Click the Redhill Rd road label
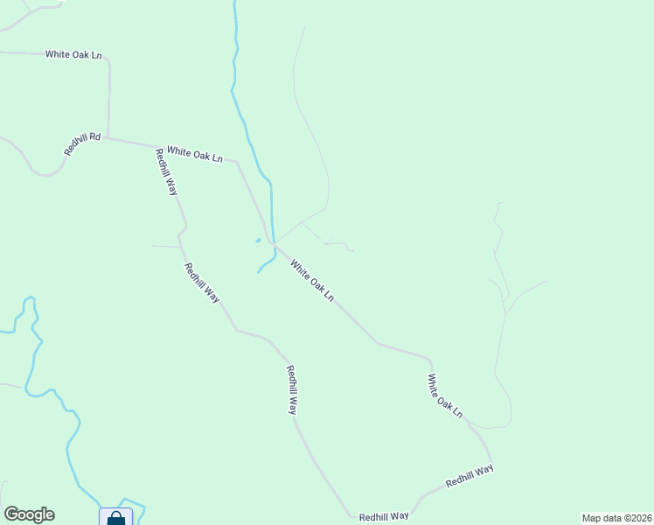tap(83, 144)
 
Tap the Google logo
tap(29, 514)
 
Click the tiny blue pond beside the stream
tap(258, 241)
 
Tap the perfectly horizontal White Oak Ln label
tap(73, 54)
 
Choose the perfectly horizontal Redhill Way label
tap(384, 516)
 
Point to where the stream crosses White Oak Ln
tap(274, 245)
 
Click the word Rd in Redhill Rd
tap(95, 137)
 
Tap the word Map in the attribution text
tap(592, 518)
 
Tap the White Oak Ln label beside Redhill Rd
tap(195, 154)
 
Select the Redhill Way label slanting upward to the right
tap(470, 476)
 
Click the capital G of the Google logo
tap(11, 514)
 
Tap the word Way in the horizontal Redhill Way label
tap(399, 516)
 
